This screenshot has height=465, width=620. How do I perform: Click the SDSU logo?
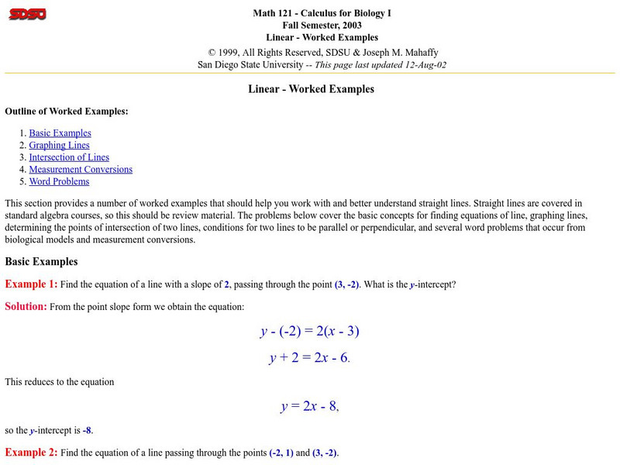[27, 14]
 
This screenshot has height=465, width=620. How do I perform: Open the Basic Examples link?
[60, 133]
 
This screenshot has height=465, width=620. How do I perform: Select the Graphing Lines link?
[59, 145]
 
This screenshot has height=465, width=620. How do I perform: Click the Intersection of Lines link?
[69, 157]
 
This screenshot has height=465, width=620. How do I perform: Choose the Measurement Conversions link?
[81, 169]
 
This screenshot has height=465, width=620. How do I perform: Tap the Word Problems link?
[59, 181]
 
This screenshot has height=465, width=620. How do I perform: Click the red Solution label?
[26, 306]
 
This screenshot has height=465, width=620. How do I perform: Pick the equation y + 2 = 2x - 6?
[309, 358]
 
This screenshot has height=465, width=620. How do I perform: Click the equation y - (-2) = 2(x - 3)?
[309, 331]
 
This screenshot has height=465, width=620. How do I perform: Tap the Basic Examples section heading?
[41, 261]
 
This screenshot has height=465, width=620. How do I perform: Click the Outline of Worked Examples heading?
[67, 111]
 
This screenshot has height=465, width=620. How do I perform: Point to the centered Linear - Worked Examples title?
[311, 89]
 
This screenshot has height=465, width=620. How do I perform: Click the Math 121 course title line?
[315, 13]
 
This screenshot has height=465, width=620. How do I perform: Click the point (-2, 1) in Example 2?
[281, 453]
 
